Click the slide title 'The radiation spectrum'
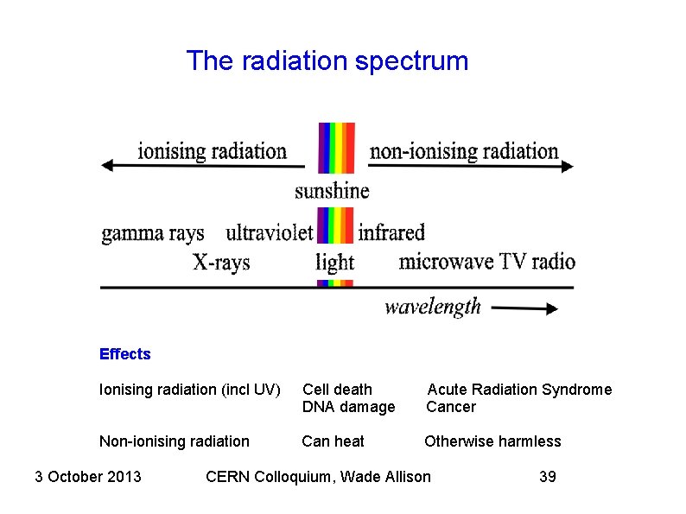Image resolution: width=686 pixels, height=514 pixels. point(327,61)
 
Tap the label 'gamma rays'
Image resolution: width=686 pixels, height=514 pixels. point(153,233)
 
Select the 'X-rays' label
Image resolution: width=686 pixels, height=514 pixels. point(220,262)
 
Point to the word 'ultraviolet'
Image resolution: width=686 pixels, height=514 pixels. point(269,232)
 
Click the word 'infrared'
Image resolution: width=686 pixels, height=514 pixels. point(391,232)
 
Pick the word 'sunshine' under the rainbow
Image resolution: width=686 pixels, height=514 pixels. point(332,191)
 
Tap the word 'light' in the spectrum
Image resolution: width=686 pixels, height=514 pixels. point(334,262)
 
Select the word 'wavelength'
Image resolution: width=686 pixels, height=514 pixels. point(432,307)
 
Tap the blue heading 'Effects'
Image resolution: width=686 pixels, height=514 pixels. point(124,354)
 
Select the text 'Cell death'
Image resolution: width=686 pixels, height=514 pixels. point(337,390)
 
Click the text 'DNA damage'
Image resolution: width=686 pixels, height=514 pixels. point(348,407)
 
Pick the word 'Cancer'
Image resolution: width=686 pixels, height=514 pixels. point(451,407)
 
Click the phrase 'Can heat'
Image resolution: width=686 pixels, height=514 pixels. point(333,441)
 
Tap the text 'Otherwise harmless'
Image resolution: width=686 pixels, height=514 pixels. point(492,441)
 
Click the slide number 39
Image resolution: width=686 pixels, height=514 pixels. point(547,476)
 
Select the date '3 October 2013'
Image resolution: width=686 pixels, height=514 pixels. point(88,476)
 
